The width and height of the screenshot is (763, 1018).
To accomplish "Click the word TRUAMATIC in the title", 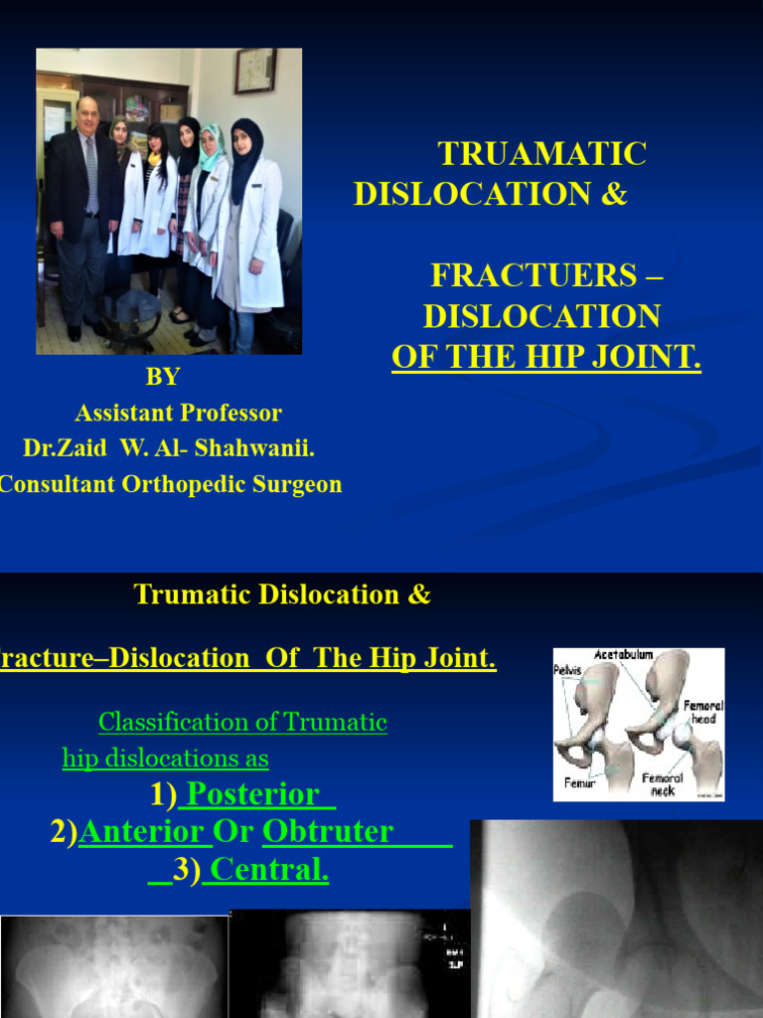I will (542, 154).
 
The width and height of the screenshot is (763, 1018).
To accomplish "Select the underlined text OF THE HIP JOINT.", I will (546, 357).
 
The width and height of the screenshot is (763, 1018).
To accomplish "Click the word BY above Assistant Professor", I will (163, 377).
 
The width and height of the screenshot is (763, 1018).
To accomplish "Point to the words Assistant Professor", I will (178, 413).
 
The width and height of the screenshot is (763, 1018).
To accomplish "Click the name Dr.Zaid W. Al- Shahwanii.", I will (169, 448).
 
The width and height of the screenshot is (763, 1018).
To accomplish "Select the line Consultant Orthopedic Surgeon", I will (169, 485).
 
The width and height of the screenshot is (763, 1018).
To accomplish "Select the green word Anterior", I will (142, 832).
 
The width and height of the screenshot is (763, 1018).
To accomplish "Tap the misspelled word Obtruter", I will (328, 832).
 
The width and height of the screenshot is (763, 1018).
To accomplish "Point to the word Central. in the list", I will (269, 871).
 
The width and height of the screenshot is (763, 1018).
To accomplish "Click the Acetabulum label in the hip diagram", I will (623, 655).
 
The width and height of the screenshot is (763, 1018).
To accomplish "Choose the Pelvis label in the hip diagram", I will (567, 670).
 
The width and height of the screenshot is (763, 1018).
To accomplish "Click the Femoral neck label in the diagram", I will (663, 784).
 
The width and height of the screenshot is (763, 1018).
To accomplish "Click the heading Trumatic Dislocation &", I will (282, 594).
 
